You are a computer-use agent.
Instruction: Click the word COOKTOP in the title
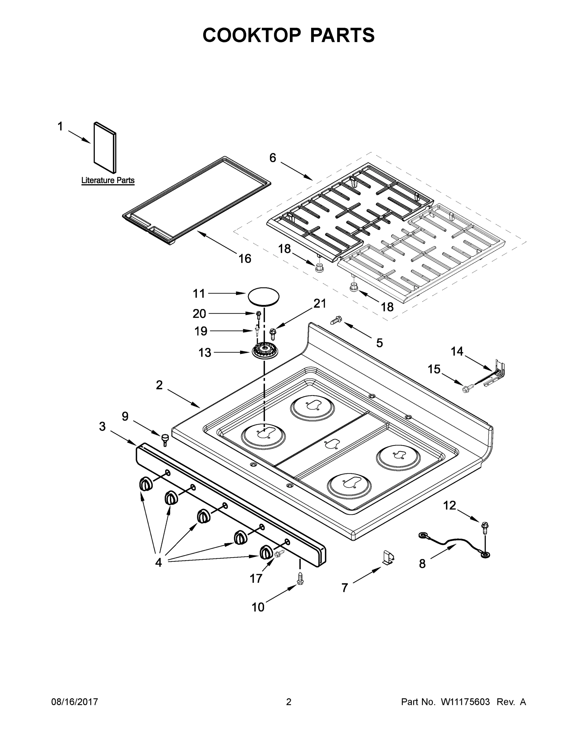(x=252, y=35)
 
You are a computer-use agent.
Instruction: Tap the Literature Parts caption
(x=108, y=180)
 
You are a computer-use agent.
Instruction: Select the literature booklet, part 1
(x=105, y=148)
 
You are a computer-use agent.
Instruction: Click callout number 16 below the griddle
(x=245, y=259)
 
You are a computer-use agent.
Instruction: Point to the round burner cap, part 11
(x=263, y=296)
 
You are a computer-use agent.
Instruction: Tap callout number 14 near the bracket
(x=457, y=351)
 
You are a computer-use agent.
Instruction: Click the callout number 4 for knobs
(x=158, y=562)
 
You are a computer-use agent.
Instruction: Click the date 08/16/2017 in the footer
(x=75, y=702)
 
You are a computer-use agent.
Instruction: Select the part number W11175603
(x=465, y=702)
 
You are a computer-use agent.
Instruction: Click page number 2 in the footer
(x=289, y=702)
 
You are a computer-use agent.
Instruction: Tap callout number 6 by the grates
(x=272, y=158)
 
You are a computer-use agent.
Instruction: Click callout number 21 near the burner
(x=320, y=303)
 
